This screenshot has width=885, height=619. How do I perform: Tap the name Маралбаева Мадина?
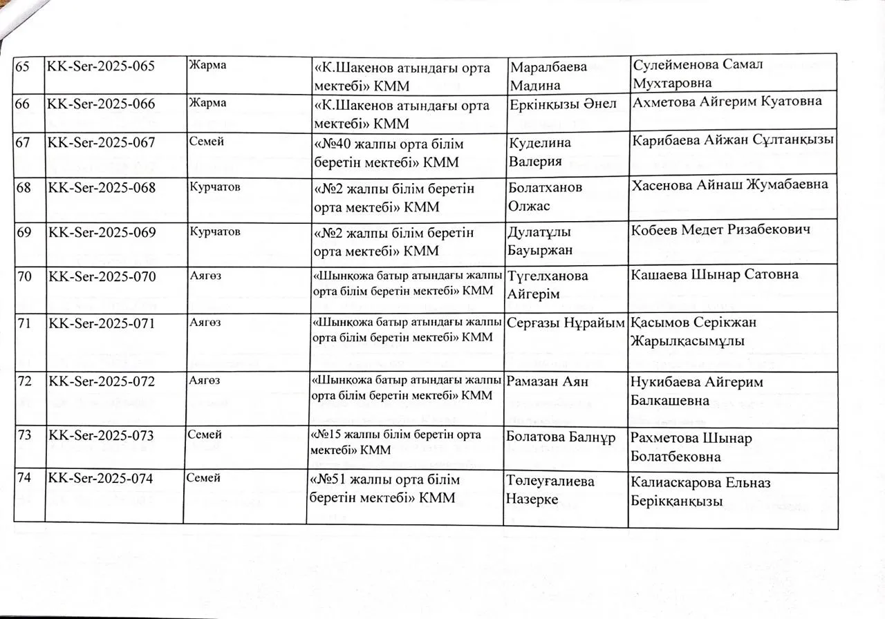(x=548, y=76)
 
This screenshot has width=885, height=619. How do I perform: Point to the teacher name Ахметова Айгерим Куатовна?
(x=727, y=101)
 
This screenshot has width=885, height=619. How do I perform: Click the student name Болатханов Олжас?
(x=545, y=197)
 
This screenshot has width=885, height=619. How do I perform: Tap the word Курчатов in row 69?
(x=215, y=231)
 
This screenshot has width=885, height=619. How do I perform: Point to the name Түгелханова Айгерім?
(x=548, y=284)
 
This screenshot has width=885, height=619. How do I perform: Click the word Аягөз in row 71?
(x=205, y=322)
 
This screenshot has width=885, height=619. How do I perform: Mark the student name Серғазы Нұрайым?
(x=566, y=323)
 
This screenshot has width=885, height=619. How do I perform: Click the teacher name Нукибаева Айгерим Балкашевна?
(x=699, y=390)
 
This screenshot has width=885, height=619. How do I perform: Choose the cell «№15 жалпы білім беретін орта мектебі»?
(x=397, y=442)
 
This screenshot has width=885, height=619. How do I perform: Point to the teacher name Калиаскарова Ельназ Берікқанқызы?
(x=700, y=492)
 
